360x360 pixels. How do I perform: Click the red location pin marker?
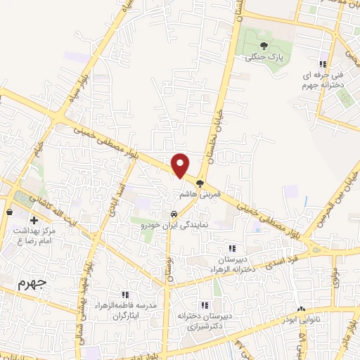coord(181,165)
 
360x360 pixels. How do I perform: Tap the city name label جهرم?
coord(30,285)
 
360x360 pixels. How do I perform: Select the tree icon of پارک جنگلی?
coord(263,45)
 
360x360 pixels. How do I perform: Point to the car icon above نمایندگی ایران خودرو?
coord(173,214)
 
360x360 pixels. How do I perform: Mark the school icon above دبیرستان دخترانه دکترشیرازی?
coord(205,306)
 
